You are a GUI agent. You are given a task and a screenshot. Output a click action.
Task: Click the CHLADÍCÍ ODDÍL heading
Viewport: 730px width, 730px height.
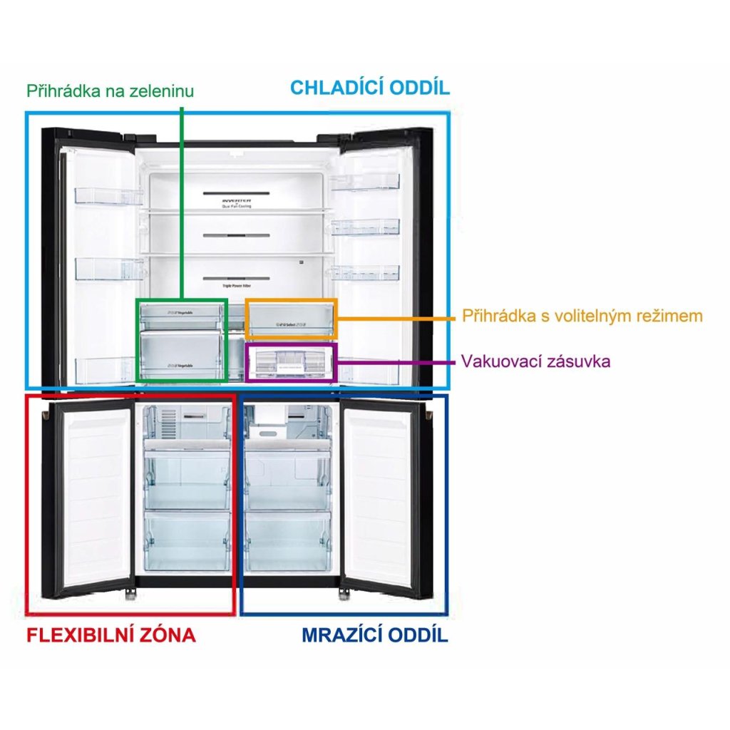click(369, 88)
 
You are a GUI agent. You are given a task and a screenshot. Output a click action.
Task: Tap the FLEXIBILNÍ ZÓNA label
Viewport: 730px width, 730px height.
click(110, 634)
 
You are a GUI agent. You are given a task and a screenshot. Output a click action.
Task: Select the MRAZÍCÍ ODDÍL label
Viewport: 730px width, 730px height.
click(374, 634)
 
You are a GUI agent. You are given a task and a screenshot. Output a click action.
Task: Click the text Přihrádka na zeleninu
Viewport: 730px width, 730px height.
click(110, 91)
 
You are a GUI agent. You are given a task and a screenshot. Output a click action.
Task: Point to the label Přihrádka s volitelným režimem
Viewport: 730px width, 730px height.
click(582, 316)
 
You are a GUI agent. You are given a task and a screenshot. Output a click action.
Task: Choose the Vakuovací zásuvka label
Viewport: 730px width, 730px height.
click(535, 361)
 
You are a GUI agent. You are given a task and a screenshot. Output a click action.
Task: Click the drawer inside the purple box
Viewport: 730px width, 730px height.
click(289, 363)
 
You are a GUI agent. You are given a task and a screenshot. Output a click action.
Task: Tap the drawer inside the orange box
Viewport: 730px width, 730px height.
click(289, 318)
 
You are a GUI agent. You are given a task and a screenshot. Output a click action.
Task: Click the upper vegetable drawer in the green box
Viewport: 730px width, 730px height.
click(182, 314)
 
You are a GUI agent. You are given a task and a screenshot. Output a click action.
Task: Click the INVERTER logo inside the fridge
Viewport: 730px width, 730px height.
click(237, 202)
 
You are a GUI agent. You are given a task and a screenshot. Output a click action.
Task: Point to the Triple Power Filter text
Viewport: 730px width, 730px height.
click(237, 283)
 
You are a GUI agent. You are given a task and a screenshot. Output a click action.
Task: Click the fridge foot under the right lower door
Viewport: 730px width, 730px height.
click(346, 592)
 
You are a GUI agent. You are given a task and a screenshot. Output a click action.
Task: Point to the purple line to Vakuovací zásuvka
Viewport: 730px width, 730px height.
click(396, 361)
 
